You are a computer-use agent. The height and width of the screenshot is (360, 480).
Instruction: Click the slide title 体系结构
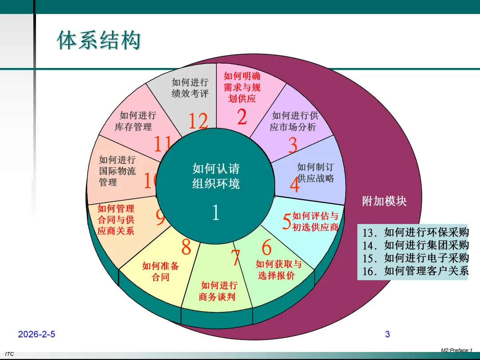coord(99,40)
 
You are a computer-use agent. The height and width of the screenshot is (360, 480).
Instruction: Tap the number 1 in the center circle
coord(216,213)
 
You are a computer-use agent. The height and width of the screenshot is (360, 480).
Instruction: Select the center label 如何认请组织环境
coord(216,176)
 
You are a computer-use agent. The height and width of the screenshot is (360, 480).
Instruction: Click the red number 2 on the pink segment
coord(242,117)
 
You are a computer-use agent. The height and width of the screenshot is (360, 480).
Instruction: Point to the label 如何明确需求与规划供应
coord(242,87)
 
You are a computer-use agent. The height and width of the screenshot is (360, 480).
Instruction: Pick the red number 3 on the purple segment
coord(293,145)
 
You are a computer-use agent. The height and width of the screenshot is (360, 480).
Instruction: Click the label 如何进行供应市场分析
coord(294,121)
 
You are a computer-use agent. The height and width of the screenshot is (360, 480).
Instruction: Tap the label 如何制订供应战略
coord(315,173)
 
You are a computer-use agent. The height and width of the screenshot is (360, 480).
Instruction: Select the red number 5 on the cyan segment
coord(287,221)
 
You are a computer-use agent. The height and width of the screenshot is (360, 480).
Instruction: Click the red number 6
coord(267,248)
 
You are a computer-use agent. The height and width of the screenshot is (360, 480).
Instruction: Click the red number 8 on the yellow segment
coord(186,247)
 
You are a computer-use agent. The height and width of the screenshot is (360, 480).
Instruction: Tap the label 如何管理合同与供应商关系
coord(116,220)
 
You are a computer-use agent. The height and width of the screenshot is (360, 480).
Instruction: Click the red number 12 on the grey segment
coord(198,121)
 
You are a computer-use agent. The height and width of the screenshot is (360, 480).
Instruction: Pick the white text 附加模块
coord(384,201)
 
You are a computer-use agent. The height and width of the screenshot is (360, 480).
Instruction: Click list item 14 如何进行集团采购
coord(415,245)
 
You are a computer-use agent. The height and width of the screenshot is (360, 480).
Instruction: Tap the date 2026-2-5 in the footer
coord(37,334)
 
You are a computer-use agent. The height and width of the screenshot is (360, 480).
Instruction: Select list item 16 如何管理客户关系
coord(415,271)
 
